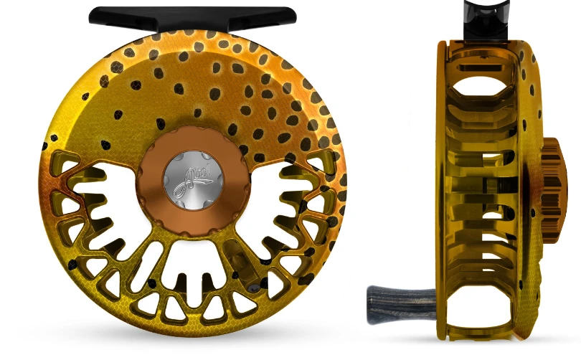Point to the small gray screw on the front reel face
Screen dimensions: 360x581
[x=252, y=285]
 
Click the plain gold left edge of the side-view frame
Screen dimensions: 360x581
[x=441, y=179]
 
